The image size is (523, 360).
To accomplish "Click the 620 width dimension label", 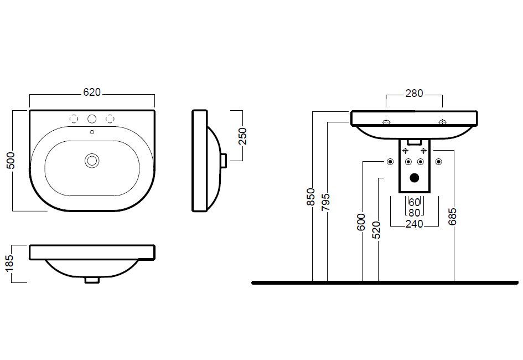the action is coord(92,92).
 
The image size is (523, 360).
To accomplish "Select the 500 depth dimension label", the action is coord(11,160).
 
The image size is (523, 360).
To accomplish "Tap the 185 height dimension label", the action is coord(10,263).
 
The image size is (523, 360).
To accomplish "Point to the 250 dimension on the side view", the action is coord(242,136).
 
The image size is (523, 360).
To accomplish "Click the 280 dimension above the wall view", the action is coord(415,94).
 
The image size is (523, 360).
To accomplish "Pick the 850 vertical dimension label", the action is coord(311,197).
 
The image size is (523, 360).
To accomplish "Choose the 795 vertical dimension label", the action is coord(325,202).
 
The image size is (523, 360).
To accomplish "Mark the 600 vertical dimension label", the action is coord(361,223).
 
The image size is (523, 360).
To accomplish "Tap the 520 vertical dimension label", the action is coord(376,230).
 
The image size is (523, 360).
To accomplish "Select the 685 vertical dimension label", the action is coord(452,217).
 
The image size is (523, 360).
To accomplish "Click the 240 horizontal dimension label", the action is coord(415,224).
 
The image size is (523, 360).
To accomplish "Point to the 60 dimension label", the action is coord(415,202).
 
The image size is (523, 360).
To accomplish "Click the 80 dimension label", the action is coord(415,213).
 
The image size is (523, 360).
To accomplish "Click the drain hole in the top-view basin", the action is coord(92,161).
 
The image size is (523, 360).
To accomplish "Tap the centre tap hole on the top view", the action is coord(92,119).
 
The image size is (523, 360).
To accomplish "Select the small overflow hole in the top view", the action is coord(92,132).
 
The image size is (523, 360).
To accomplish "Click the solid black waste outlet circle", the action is coord(415,178).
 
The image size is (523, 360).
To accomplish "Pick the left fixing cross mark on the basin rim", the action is coord(386,122).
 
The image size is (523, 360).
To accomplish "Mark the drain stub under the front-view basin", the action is coord(92,280).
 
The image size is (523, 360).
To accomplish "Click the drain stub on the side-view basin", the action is coord(224,161).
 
